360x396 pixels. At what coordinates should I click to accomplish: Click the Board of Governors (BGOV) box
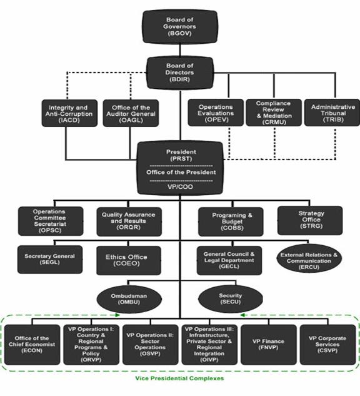pos(180,27)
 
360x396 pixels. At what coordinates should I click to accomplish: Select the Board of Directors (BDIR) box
pos(180,73)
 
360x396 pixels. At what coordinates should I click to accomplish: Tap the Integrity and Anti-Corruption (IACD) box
pos(69,113)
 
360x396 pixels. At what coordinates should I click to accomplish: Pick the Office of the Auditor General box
pos(131,113)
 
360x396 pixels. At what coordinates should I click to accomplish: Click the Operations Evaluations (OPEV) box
pos(216,113)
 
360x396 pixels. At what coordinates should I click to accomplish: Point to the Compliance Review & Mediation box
pos(274,113)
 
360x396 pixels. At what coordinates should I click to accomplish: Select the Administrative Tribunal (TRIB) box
pos(332,113)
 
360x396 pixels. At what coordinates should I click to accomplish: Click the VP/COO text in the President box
pos(180,187)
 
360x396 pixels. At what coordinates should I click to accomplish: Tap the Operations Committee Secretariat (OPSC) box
pos(51,221)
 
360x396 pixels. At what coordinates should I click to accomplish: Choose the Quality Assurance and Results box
pos(129,221)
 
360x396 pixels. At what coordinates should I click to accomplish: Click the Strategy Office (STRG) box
pos(310,220)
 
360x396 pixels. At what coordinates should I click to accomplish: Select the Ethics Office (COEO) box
pos(129,260)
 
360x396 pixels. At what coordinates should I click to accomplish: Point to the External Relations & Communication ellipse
pos(309,258)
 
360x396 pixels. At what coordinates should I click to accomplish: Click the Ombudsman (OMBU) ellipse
pos(129,299)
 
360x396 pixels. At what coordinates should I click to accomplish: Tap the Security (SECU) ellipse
pos(231,299)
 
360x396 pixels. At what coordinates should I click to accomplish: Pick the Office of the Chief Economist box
pos(32,345)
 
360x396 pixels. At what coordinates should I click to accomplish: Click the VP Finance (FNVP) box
pos(269,345)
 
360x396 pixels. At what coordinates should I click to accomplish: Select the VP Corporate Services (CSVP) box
pos(327,345)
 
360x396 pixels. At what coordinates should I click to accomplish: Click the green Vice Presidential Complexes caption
pos(179,378)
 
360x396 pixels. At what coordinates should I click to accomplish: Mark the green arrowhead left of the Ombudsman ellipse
pos(117,315)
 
